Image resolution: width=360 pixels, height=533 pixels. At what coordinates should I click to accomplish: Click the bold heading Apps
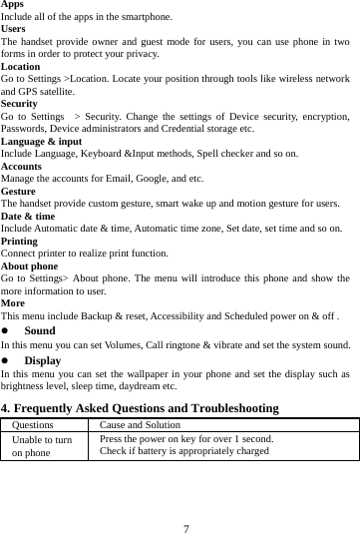[12, 5]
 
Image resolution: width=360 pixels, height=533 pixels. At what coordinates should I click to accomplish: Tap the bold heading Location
[20, 66]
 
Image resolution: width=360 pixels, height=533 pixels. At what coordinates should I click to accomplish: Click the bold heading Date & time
[28, 216]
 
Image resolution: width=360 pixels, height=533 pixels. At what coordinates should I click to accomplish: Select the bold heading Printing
[20, 241]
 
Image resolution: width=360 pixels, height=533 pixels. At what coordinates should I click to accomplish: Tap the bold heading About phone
[29, 266]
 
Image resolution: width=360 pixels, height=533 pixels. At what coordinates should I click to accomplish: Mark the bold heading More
[13, 301]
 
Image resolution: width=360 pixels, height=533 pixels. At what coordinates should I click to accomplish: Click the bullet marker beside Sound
[5, 329]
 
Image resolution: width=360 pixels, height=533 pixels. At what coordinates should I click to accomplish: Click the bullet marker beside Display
[5, 359]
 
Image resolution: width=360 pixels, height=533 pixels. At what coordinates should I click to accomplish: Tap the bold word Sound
[39, 329]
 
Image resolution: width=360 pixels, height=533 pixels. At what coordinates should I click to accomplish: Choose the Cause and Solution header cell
[140, 425]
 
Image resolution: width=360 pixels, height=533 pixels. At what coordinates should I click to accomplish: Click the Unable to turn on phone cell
[42, 445]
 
